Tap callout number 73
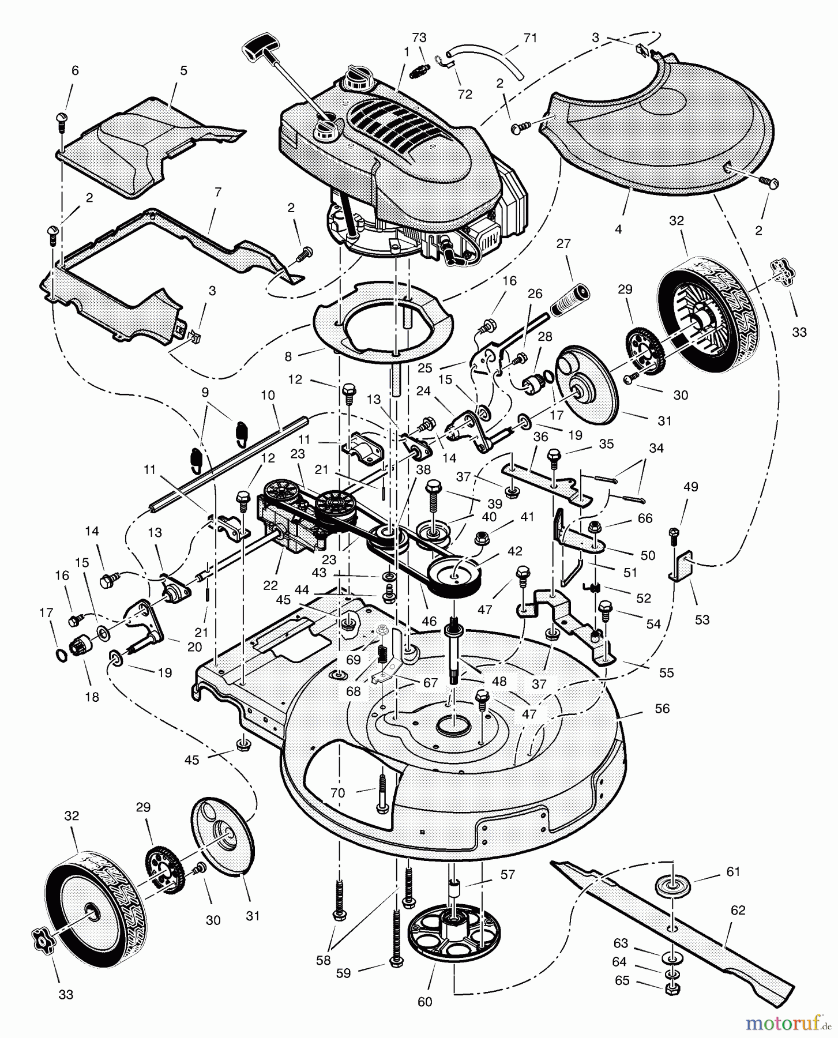[419, 37]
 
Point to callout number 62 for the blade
[738, 911]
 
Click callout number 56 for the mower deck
[662, 709]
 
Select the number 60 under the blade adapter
[424, 1002]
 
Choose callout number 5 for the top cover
[183, 71]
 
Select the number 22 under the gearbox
[270, 585]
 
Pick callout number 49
[690, 487]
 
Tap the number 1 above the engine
[407, 51]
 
